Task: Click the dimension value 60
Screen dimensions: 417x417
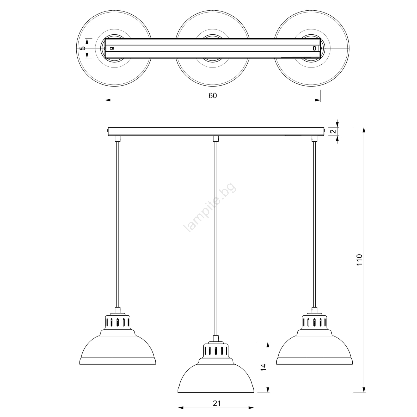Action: [x=213, y=96]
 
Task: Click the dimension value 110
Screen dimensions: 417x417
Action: [x=359, y=260]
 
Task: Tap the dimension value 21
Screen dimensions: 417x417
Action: [x=217, y=403]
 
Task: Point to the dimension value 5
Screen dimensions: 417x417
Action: [x=82, y=48]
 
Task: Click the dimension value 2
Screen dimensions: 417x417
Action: [x=333, y=131]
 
